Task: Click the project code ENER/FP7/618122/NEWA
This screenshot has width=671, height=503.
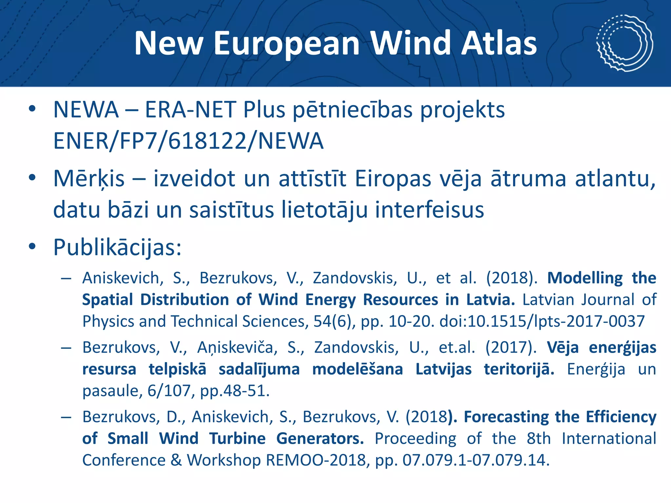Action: (188, 141)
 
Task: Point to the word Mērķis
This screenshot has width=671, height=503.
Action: (89, 179)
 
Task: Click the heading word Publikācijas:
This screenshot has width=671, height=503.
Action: (117, 247)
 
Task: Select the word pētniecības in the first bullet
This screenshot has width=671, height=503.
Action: (353, 110)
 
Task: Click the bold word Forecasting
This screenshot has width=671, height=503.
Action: (506, 417)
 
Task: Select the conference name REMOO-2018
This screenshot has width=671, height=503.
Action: (316, 460)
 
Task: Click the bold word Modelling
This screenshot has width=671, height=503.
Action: (585, 278)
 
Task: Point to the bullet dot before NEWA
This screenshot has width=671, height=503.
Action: (32, 109)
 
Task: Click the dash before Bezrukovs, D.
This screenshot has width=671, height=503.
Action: (66, 417)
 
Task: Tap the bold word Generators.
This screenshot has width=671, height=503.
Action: (320, 438)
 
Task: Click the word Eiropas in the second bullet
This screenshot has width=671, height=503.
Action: (393, 179)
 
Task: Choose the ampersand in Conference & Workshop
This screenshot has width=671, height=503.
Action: (176, 460)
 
